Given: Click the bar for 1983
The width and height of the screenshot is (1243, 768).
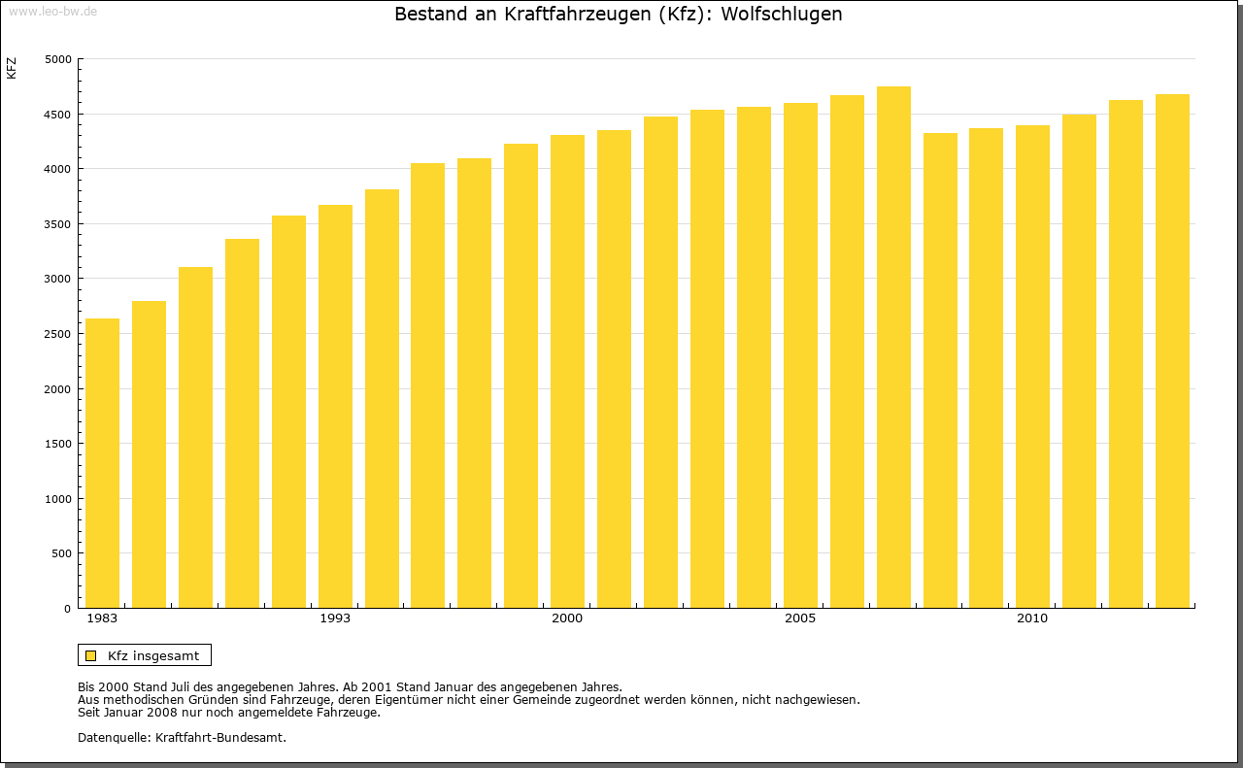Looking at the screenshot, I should [x=102, y=463].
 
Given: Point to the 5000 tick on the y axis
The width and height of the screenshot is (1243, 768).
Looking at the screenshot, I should [x=58, y=59].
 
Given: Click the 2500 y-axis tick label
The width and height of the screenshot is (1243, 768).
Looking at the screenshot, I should [x=58, y=334].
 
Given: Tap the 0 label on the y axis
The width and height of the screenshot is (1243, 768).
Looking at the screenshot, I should [x=68, y=609].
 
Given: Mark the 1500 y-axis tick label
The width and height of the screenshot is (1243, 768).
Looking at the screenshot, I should [x=58, y=444].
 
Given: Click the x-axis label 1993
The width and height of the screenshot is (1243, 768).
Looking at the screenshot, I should [x=335, y=618].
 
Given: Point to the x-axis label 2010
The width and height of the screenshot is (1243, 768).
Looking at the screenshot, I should [x=1032, y=618].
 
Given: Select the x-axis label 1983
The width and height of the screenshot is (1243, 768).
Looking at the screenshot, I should [x=102, y=618].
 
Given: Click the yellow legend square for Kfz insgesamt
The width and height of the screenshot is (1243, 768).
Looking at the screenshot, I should [x=91, y=655].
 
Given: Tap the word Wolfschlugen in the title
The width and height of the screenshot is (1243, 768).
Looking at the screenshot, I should [x=781, y=15].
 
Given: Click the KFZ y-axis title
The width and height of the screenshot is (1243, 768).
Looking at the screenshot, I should [x=12, y=68].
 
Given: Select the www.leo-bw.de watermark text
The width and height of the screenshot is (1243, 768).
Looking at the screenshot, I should [x=51, y=10].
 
